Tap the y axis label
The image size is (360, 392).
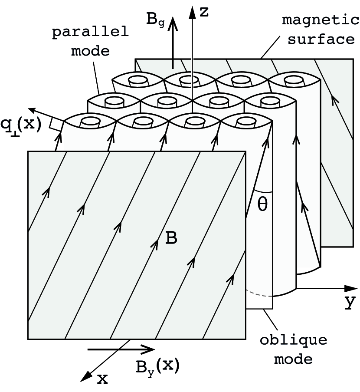point(349,302)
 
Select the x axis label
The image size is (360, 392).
point(101,379)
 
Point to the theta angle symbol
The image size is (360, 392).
point(262,204)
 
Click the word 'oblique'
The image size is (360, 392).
point(293,339)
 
